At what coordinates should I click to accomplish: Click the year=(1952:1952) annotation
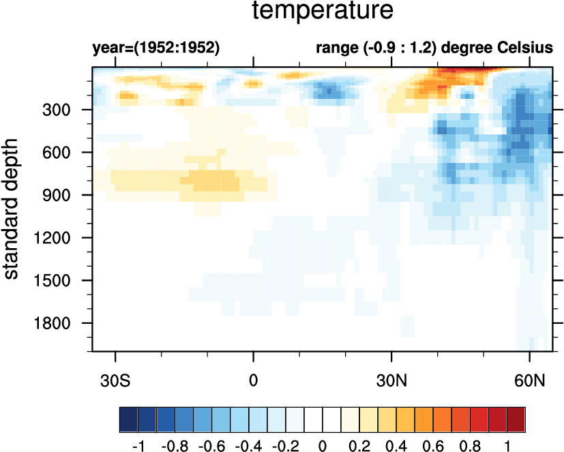click(155, 48)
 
